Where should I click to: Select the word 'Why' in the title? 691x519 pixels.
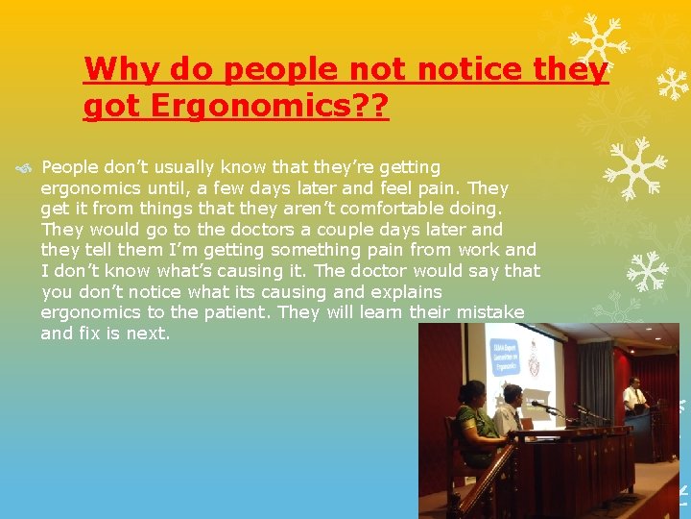click(122, 69)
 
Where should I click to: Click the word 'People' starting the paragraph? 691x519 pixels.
click(74, 167)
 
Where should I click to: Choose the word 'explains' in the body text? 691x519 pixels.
click(398, 291)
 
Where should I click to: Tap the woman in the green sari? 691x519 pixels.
click(472, 417)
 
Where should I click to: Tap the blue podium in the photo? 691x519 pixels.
click(638, 433)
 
